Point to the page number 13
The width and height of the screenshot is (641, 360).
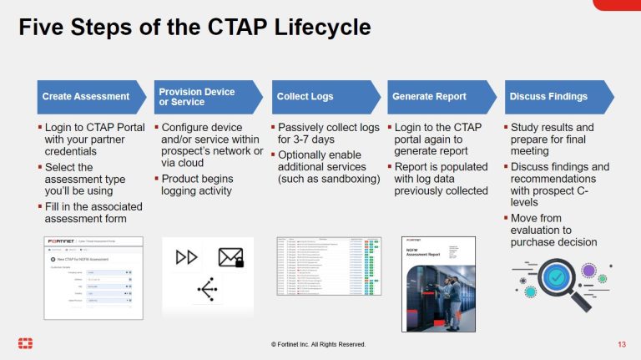point(622,345)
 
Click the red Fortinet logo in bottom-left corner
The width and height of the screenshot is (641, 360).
point(25,344)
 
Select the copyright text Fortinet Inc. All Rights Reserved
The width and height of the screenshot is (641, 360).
point(318,345)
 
